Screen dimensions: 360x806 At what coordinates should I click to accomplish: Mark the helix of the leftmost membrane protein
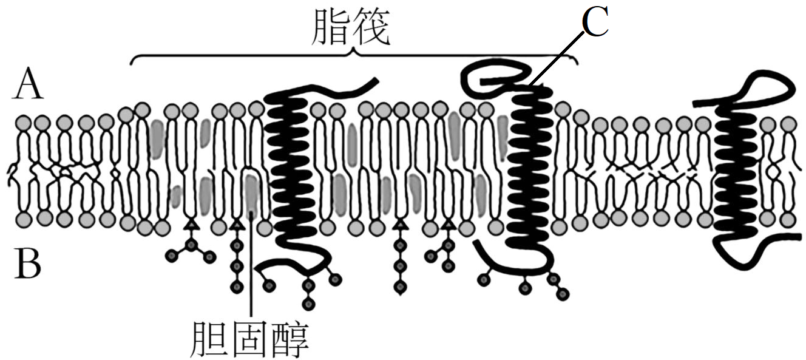[x=290, y=164]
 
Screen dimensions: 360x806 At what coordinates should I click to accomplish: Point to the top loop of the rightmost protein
[x=766, y=85]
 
